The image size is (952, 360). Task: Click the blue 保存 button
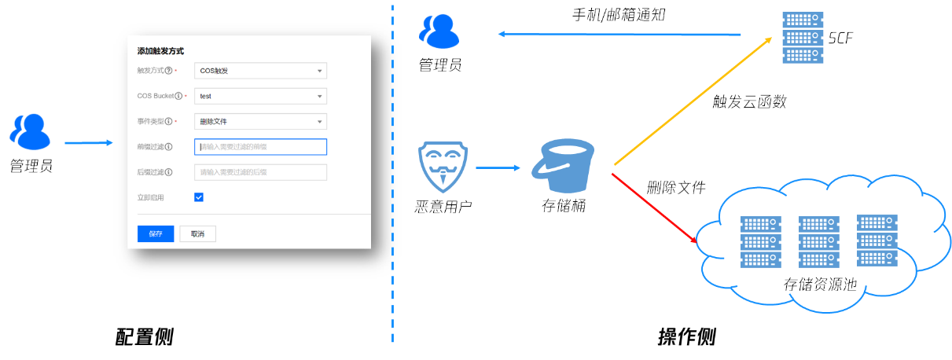click(155, 233)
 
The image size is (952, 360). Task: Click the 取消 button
click(197, 233)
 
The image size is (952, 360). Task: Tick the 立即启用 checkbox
click(199, 197)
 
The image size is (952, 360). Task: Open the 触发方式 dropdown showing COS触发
click(260, 71)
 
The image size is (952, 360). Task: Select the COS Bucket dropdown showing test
click(260, 96)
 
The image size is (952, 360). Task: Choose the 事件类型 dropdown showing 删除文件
click(260, 122)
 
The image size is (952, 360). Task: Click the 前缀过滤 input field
click(260, 147)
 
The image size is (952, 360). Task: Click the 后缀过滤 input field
click(260, 172)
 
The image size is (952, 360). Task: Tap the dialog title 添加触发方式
click(160, 51)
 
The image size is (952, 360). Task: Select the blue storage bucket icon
click(563, 166)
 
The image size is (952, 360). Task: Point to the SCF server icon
click(802, 37)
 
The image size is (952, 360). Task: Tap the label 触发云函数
click(749, 102)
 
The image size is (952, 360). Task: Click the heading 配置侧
click(144, 337)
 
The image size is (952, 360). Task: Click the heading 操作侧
click(686, 337)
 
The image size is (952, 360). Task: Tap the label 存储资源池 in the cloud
click(820, 285)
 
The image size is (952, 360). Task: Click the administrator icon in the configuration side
click(30, 132)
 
